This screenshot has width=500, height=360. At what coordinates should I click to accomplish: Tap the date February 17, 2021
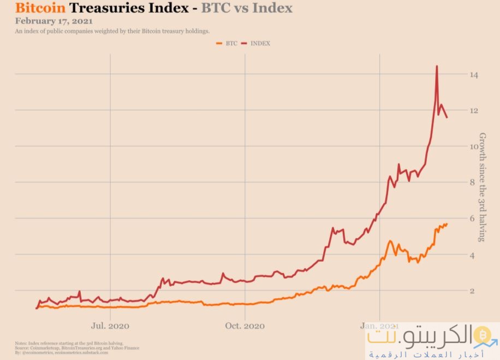(54, 21)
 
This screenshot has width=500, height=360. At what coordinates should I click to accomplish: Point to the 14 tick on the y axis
(474, 75)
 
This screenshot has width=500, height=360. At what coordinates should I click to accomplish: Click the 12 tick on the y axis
(474, 111)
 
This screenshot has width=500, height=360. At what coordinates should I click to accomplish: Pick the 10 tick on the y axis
(474, 147)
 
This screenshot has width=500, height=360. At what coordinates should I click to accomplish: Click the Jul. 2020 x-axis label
(110, 326)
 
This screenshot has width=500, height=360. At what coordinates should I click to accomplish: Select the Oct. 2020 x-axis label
(245, 326)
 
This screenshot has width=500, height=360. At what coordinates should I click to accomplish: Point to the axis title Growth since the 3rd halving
(482, 186)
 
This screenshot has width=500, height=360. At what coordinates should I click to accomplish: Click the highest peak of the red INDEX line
(437, 67)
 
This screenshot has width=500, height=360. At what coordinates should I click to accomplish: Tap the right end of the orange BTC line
(447, 224)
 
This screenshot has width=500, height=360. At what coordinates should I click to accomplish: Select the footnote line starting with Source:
(77, 348)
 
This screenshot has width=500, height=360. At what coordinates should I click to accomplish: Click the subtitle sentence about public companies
(112, 32)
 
